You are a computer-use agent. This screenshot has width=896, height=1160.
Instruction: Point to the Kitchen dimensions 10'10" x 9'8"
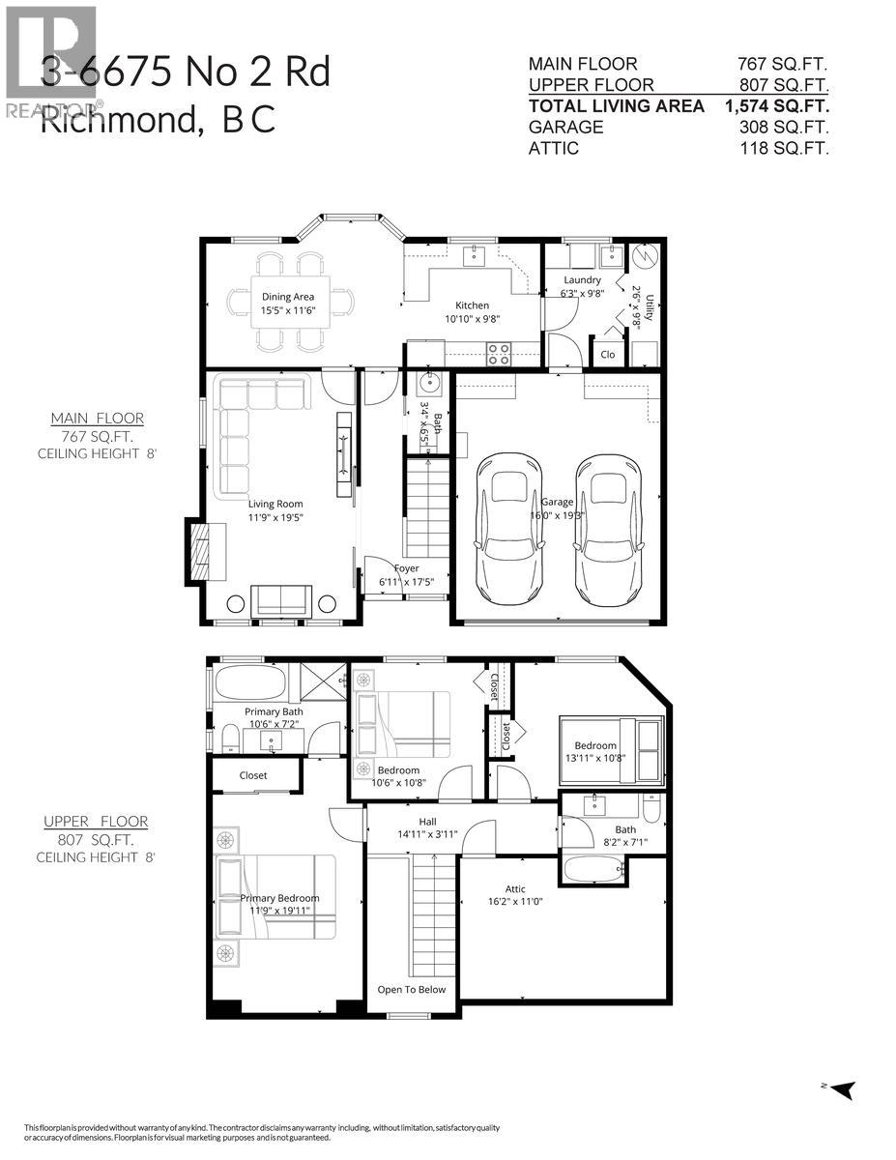pos(472,318)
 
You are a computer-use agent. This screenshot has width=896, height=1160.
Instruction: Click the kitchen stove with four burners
pos(498,354)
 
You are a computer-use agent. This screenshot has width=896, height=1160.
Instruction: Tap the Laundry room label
pos(583,280)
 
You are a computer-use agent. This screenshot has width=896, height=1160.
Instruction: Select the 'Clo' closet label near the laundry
pos(607,355)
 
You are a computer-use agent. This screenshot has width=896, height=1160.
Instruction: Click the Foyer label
pos(406,568)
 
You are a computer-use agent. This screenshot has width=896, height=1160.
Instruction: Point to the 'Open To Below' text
pos(411,989)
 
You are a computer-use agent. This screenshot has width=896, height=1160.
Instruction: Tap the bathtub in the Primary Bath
pos(250,682)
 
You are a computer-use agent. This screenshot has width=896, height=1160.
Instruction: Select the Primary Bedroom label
pos(279,898)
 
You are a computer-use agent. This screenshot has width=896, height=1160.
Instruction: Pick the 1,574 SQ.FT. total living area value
pos(777,105)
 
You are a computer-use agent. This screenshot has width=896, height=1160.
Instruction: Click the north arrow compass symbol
pos(843,1089)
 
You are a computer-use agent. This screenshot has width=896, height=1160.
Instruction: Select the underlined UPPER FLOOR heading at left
pos(96,821)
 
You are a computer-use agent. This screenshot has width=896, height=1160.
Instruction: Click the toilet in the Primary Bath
pos(229,740)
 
